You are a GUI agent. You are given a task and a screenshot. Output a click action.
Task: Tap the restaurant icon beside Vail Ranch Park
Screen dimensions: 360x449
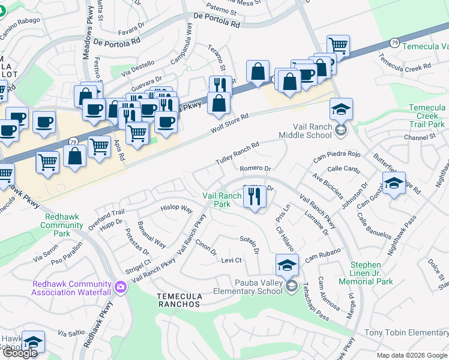[255, 197]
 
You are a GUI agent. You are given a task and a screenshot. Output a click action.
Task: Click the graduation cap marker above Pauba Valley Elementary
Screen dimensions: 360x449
[288, 264]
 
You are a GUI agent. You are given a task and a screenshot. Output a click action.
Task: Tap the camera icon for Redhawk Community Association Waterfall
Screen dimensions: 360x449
[121, 287]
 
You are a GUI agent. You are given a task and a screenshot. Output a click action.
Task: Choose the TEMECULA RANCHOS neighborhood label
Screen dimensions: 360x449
[178, 300]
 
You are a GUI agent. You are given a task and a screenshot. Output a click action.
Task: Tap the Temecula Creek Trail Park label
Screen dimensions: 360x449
[427, 116]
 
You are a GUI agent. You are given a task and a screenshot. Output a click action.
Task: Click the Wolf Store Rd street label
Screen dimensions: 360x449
[229, 125]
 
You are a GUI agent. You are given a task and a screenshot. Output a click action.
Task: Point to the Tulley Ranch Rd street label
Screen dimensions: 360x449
[237, 154]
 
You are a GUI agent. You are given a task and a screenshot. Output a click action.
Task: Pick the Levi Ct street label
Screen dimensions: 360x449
[231, 260]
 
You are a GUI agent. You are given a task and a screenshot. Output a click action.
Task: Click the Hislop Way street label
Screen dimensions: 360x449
[176, 209]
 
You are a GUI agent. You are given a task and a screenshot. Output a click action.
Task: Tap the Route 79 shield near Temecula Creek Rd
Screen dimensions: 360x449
[394, 43]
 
